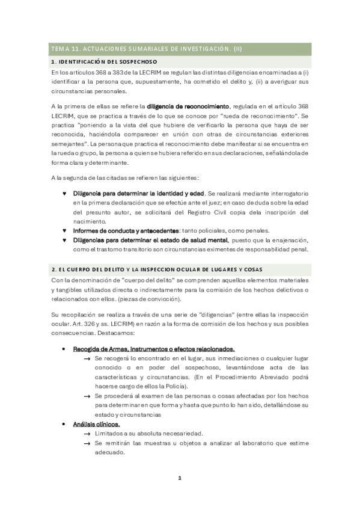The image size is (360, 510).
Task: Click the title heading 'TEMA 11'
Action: [x=147, y=49]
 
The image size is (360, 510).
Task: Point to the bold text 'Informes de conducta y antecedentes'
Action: [x=126, y=230]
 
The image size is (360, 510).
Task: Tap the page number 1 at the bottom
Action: [x=179, y=479]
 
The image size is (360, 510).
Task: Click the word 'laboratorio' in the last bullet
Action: [x=252, y=443]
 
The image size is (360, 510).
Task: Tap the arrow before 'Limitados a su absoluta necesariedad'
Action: [x=88, y=434]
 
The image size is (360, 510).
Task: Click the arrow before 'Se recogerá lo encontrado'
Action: [x=88, y=358]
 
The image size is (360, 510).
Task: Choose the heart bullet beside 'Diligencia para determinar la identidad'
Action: [x=64, y=194]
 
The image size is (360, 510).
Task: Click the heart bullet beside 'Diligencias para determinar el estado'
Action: [x=64, y=240]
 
